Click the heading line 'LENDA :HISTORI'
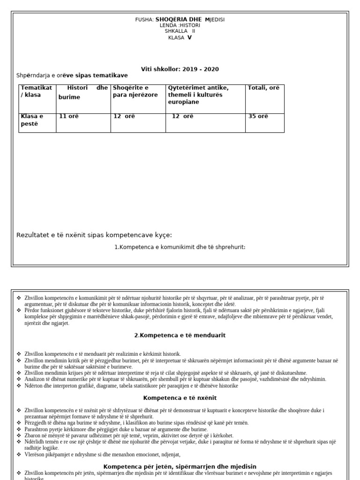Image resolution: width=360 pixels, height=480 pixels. coord(180,25)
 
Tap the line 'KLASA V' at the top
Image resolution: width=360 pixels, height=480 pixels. coord(180,37)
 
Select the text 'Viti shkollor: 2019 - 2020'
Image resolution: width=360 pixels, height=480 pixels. coord(180,69)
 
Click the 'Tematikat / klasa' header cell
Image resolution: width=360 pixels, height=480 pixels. coord(37,91)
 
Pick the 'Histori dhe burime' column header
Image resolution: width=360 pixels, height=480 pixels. coord(82,92)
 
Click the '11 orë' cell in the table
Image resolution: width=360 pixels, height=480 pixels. coord(68,117)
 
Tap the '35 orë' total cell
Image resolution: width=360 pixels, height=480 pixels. coord(258,117)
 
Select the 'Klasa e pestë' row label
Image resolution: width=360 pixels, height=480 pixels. coord(32,120)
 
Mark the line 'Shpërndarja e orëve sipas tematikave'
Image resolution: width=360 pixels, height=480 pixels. coord(72,75)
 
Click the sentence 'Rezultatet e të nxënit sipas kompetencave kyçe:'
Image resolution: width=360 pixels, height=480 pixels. coord(94,235)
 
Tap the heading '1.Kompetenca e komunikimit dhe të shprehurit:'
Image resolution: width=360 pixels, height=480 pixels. coord(180,247)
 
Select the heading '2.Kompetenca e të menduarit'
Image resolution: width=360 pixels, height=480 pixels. coord(180,335)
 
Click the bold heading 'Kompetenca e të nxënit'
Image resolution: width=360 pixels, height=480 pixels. coord(180,398)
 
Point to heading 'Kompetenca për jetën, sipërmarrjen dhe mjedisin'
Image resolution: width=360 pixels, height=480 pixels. coord(180,466)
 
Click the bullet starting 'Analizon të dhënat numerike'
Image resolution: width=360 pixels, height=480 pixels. coord(175,379)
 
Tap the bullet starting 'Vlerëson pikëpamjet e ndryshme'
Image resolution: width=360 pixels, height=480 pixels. coord(102,454)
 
